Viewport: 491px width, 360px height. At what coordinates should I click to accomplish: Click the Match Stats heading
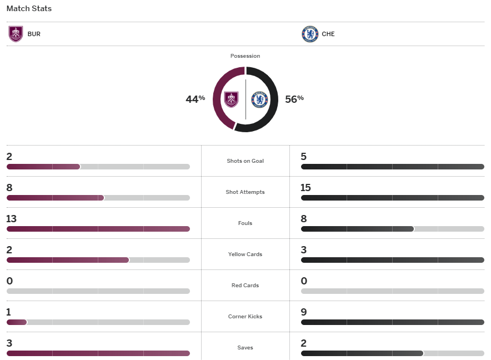click(x=29, y=9)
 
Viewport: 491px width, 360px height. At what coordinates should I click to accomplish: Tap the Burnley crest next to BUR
click(x=16, y=34)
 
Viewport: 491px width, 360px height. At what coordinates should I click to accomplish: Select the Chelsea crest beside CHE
click(x=309, y=34)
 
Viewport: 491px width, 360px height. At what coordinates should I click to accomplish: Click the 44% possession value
click(x=195, y=99)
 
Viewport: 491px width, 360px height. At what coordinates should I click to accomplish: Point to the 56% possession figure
click(x=294, y=99)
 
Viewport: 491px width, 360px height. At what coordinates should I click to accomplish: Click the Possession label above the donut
click(x=245, y=56)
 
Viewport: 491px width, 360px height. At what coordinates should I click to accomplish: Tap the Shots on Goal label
click(x=245, y=161)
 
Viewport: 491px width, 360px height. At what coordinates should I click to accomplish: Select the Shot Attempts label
click(x=245, y=192)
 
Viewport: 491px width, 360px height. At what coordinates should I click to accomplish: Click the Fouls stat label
click(x=245, y=223)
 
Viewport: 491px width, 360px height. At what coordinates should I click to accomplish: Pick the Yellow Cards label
click(x=245, y=254)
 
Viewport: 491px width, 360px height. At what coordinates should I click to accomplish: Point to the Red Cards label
click(x=245, y=286)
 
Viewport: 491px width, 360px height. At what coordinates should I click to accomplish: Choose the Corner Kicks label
click(x=245, y=317)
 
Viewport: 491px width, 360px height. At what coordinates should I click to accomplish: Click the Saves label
click(x=245, y=348)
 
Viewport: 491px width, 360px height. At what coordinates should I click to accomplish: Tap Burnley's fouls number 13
click(x=12, y=219)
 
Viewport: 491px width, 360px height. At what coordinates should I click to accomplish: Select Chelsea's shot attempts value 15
click(x=306, y=188)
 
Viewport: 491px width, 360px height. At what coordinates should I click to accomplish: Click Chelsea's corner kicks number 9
click(x=304, y=312)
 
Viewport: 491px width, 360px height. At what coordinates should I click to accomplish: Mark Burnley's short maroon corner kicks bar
click(x=17, y=322)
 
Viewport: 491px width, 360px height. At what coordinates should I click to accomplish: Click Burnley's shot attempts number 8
click(x=9, y=188)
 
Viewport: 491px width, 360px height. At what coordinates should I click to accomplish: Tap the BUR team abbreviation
click(x=34, y=34)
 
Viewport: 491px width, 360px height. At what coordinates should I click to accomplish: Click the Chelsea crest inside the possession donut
click(x=259, y=100)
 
